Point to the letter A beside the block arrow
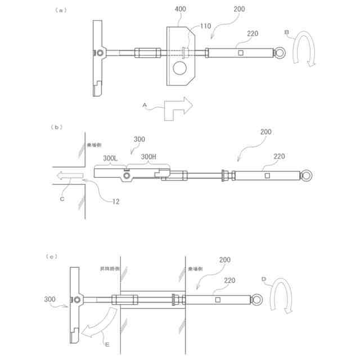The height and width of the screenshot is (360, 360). click(x=145, y=105)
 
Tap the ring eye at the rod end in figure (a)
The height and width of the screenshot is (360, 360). click(x=280, y=53)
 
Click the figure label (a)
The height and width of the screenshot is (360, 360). click(x=60, y=10)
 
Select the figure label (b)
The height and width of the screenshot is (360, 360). click(x=56, y=127)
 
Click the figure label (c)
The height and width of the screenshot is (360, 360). click(x=52, y=256)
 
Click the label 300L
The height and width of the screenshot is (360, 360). click(x=110, y=159)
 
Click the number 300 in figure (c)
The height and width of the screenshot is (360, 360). click(x=51, y=301)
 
